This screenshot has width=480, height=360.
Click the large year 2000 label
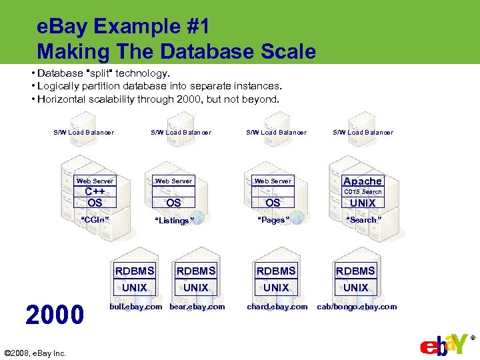[55, 314]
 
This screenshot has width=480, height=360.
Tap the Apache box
[363, 181]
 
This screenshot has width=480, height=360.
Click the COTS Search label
[363, 192]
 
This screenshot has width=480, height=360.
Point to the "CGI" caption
[95, 219]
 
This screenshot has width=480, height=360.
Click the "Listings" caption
[174, 221]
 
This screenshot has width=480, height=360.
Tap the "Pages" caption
[273, 220]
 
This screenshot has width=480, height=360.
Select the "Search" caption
[363, 219]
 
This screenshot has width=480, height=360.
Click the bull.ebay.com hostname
[135, 307]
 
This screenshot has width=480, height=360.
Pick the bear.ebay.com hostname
[197, 307]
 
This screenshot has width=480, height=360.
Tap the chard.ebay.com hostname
[277, 307]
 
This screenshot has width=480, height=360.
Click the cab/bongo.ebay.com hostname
[357, 307]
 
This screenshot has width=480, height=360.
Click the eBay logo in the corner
[445, 345]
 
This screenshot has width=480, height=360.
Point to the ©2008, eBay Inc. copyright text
[35, 353]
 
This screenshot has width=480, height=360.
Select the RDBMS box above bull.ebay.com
[135, 271]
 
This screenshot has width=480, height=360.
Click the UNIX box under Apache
[363, 203]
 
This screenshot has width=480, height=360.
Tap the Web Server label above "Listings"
[173, 181]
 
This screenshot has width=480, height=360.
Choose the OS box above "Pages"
[273, 203]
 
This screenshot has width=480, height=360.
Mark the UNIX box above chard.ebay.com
[276, 287]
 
